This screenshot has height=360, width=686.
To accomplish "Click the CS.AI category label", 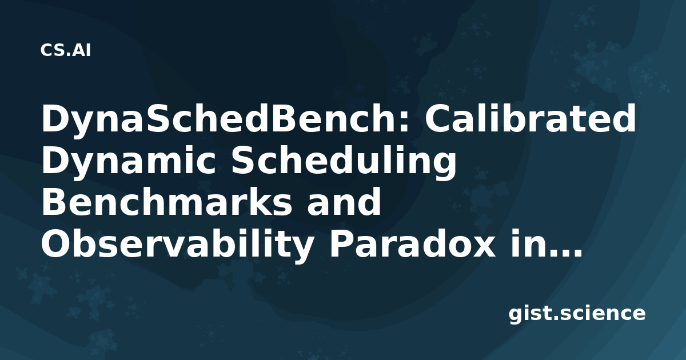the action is click(66, 50).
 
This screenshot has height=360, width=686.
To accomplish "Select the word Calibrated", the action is click(531, 118).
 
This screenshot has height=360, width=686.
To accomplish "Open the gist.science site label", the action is click(577, 314).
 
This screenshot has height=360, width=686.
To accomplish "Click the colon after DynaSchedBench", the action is click(403, 122).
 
